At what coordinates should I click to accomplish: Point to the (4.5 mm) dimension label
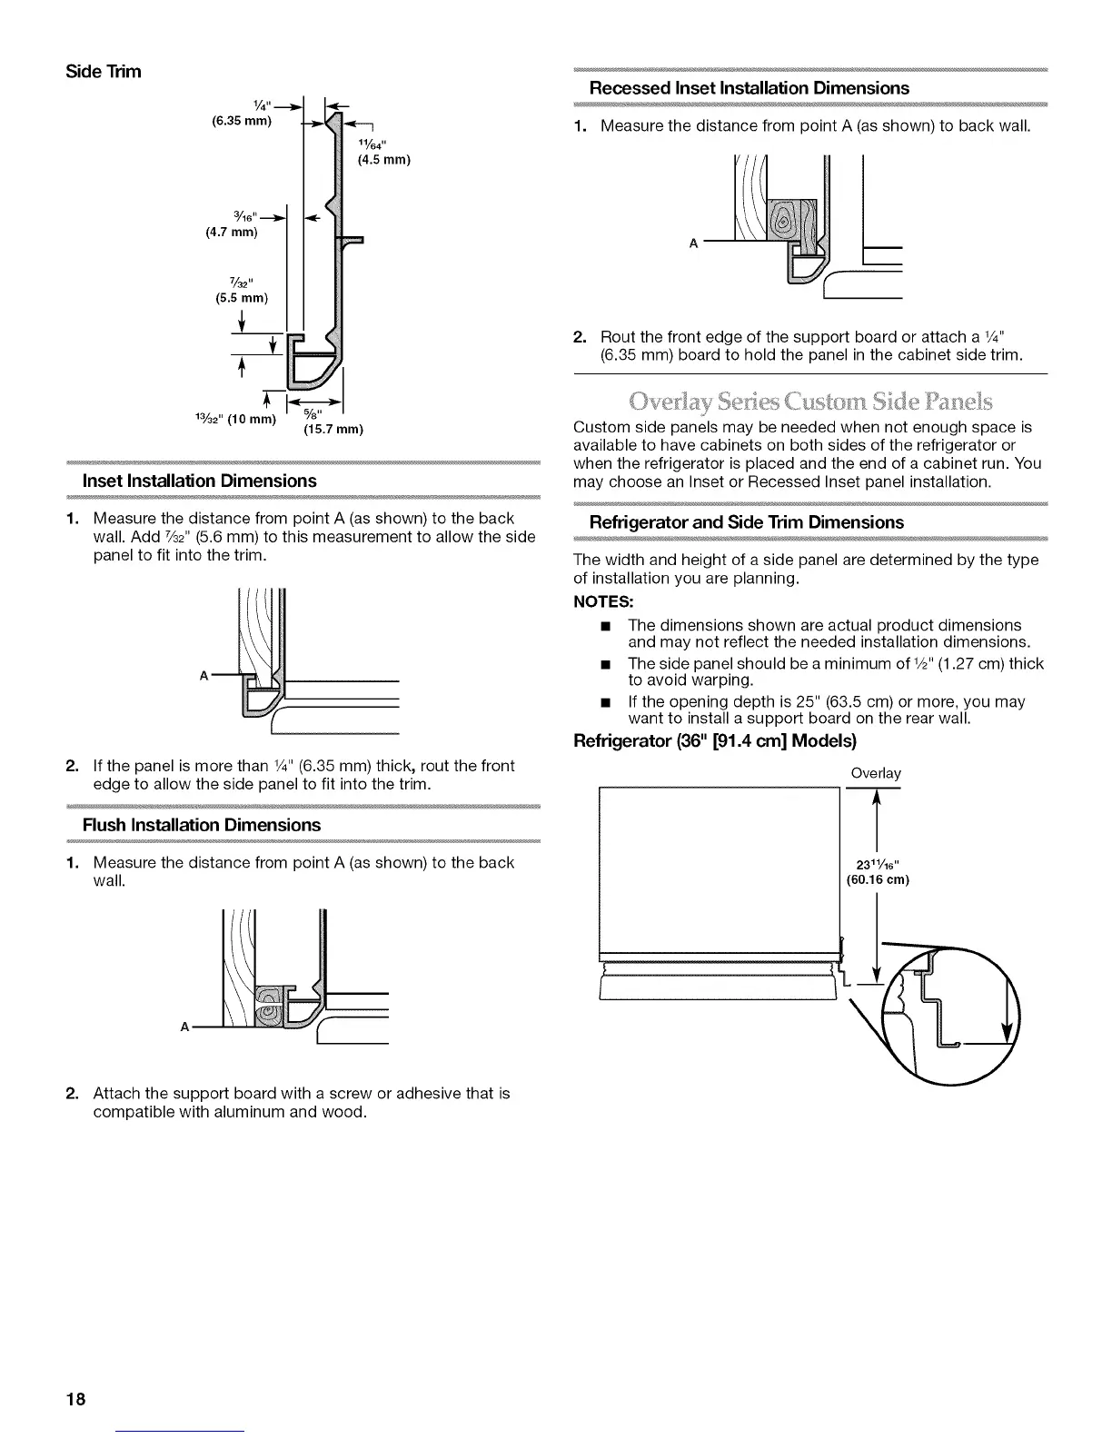pyautogui.click(x=382, y=161)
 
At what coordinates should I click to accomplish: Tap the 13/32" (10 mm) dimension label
pyautogui.click(x=234, y=418)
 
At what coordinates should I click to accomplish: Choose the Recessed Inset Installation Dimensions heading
pyautogui.click(x=749, y=88)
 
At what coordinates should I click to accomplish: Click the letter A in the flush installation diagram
pyautogui.click(x=184, y=1027)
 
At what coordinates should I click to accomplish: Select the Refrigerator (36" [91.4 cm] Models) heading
pyautogui.click(x=715, y=741)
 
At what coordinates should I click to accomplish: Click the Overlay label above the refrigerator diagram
pyautogui.click(x=875, y=773)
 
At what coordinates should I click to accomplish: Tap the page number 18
pyautogui.click(x=74, y=1398)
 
